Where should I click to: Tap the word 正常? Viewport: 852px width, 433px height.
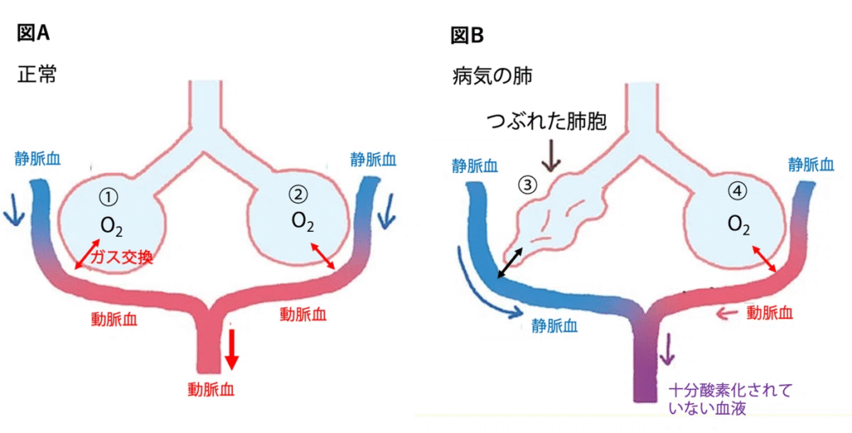pos(36,73)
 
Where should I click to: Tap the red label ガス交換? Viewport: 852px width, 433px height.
pos(122,258)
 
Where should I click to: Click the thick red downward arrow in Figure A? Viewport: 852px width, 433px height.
pos(231,348)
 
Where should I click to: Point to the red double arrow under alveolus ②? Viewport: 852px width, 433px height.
pos(322,255)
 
